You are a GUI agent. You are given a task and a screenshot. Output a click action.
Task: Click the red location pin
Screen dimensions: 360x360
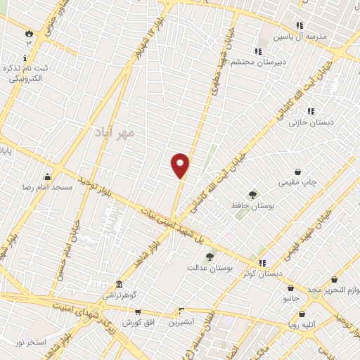[181, 165]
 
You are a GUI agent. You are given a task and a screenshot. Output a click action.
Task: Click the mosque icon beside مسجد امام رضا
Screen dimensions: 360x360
[47, 176]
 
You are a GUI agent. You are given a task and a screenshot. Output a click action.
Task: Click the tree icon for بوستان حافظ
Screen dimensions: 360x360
[252, 194]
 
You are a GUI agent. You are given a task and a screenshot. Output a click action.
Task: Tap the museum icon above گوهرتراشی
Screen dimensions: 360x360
[119, 284]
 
